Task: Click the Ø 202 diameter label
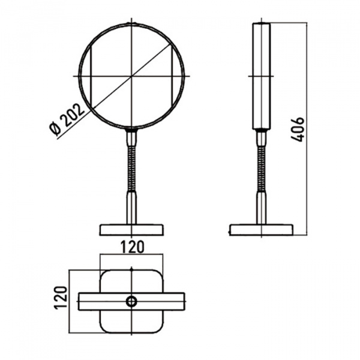(x=67, y=119)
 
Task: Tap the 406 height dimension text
(x=298, y=130)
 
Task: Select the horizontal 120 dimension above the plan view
(x=133, y=247)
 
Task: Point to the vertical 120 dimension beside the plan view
(x=61, y=298)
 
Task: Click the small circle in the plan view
(x=131, y=301)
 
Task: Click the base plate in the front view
(x=131, y=230)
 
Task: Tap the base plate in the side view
(x=261, y=230)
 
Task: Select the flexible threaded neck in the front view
(x=131, y=169)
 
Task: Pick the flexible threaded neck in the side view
(x=261, y=169)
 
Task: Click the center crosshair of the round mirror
(x=131, y=76)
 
